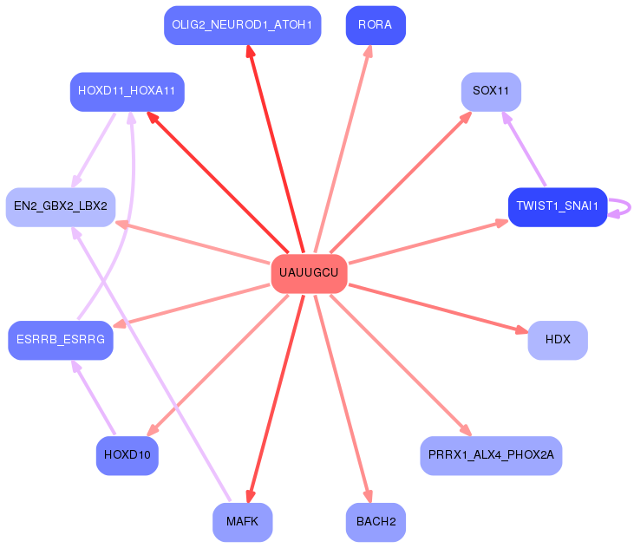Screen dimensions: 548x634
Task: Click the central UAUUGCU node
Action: [309, 273]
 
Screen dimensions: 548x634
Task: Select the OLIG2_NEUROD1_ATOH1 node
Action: [242, 25]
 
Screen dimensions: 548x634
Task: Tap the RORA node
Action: [375, 25]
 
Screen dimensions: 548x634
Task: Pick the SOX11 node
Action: [491, 91]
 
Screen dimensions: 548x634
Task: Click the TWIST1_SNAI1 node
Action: [557, 206]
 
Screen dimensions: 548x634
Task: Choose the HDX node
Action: [558, 340]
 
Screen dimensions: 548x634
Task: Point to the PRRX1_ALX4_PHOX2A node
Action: [491, 455]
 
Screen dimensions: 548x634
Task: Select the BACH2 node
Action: [376, 522]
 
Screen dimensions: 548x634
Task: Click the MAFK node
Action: [242, 522]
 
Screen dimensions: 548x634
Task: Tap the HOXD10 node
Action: [127, 455]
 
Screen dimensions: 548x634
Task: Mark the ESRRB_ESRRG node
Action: [60, 340]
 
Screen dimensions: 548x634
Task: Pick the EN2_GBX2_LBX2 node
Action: [61, 206]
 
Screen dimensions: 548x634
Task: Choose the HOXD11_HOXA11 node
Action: [127, 91]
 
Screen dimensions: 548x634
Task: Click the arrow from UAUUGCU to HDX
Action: [438, 308]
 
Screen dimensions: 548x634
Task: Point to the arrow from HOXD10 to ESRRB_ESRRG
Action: [95, 398]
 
